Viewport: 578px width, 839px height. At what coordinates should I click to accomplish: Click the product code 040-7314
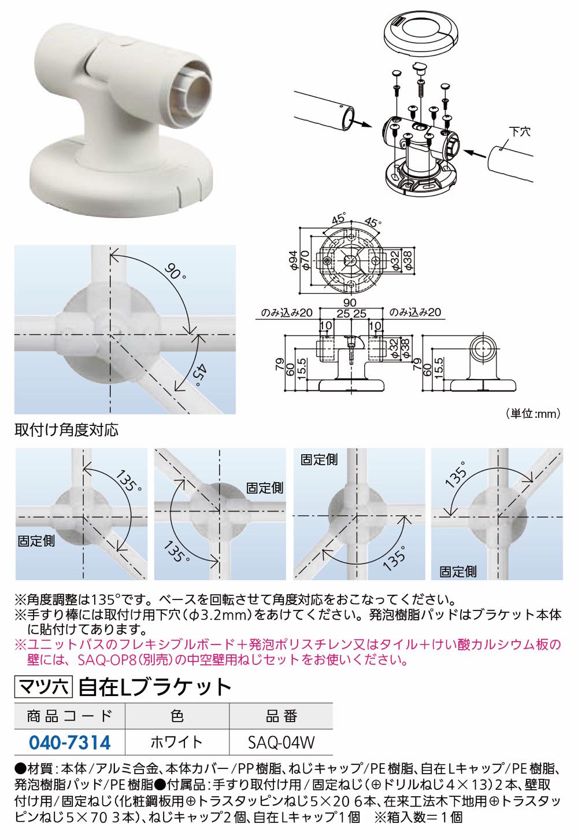69,742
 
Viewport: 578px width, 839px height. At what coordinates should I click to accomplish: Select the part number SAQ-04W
281,742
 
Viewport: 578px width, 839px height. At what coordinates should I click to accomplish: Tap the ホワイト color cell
177,742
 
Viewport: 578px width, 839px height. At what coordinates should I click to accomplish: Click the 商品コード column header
69,716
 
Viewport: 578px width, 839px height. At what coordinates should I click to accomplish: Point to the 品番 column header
281,716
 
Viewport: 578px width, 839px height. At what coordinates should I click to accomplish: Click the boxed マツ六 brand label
43,687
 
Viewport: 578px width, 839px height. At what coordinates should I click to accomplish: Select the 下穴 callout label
520,131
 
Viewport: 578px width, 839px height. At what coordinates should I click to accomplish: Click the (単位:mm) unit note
533,414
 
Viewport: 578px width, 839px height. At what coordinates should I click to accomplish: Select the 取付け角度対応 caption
66,430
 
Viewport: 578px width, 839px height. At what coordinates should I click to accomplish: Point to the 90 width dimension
350,302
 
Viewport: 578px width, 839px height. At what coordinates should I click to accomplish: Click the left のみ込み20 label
287,312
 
